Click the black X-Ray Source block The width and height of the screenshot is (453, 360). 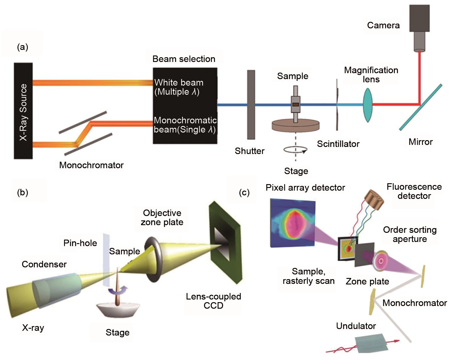(x=23, y=111)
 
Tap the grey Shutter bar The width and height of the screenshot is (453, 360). (x=251, y=105)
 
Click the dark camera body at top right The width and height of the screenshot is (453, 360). (x=419, y=18)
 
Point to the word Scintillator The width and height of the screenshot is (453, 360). (x=338, y=144)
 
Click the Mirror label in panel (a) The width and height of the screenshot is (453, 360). (x=421, y=142)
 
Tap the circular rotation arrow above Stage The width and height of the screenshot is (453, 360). (x=295, y=150)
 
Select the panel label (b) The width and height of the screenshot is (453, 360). (x=23, y=192)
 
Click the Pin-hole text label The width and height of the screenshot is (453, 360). (x=80, y=243)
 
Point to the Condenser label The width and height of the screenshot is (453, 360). (x=44, y=264)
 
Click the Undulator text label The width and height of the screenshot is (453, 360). (x=356, y=326)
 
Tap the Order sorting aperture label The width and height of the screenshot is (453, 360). (x=410, y=234)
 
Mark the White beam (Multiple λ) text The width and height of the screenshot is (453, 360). (x=179, y=87)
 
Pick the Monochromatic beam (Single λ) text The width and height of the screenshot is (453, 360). (x=185, y=125)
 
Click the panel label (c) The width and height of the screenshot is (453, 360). (x=244, y=192)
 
